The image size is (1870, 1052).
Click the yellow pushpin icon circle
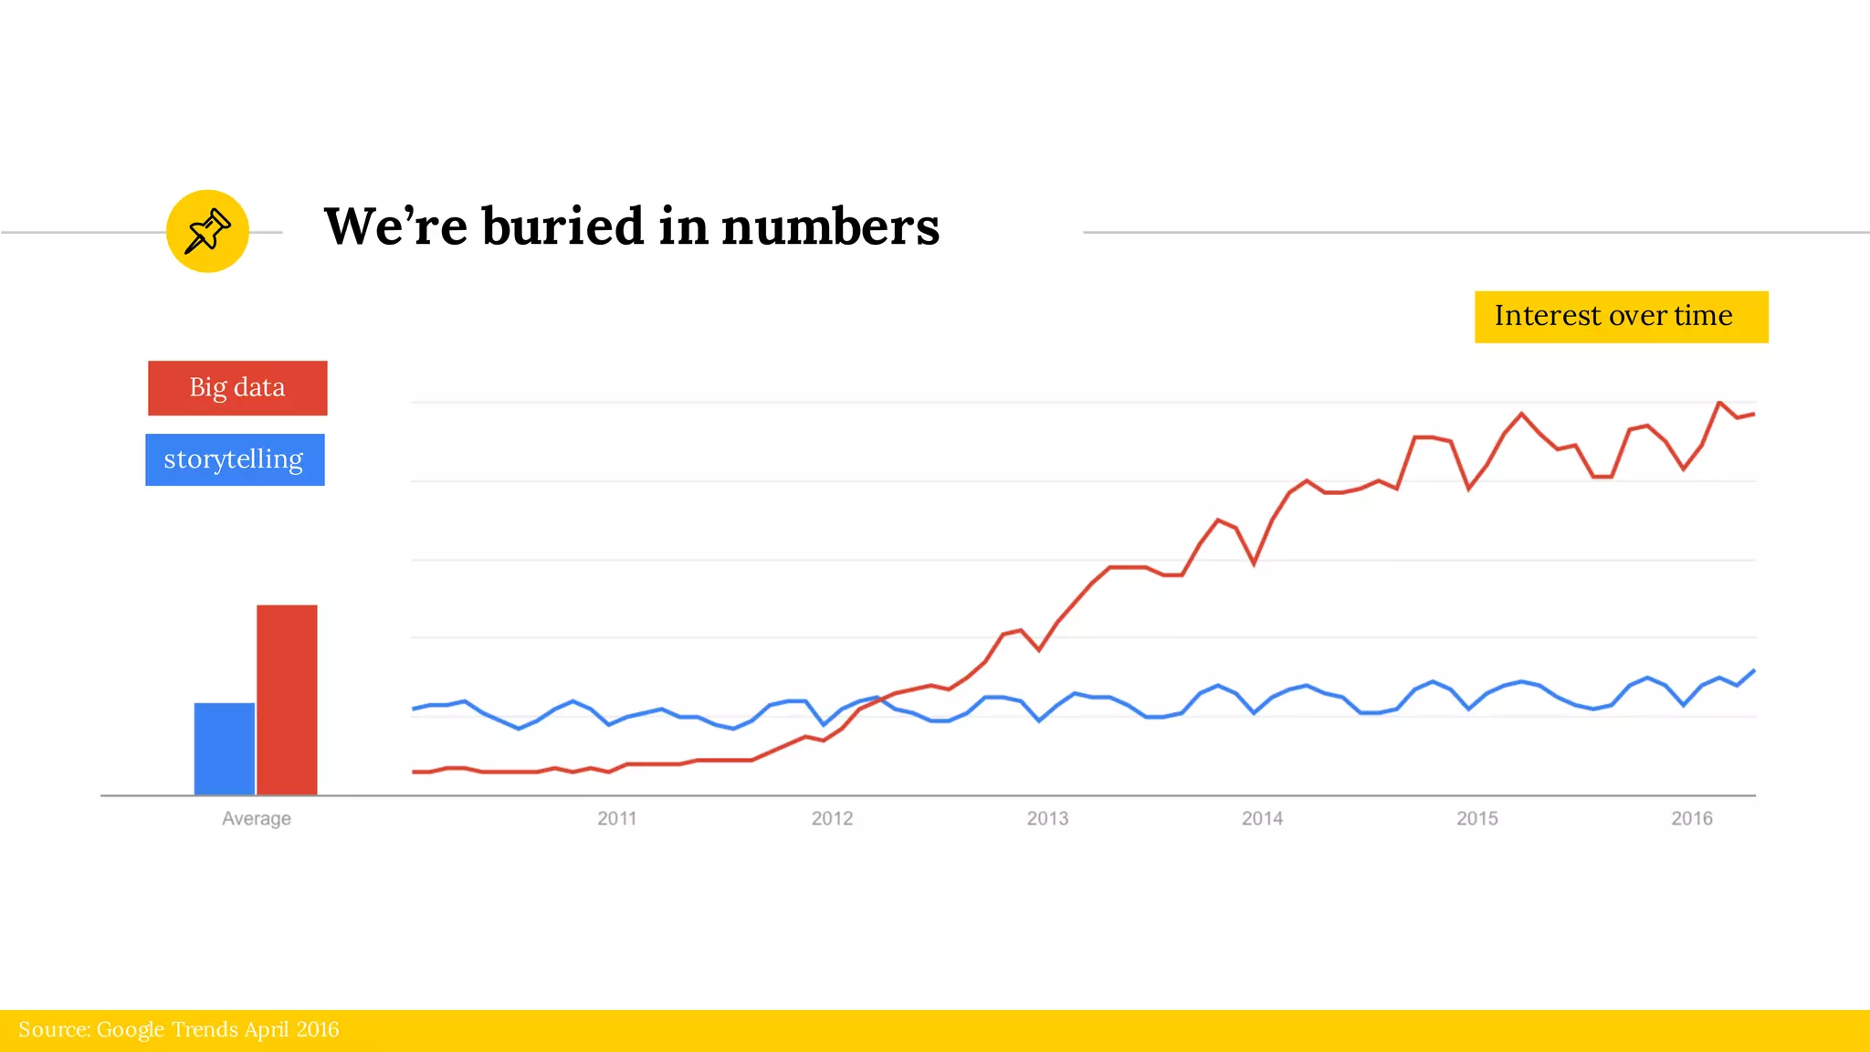[x=207, y=231]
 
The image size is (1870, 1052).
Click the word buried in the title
[x=562, y=226]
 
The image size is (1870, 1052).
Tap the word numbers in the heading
[x=830, y=227]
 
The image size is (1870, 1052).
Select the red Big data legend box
[x=237, y=388]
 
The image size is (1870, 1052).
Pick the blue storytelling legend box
[x=235, y=459]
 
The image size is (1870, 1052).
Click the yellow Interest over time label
[x=1621, y=317]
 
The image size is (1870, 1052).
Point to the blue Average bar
[x=225, y=749]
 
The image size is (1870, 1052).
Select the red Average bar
[x=287, y=700]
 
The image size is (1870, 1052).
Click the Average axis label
[x=257, y=818]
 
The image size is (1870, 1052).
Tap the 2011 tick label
[x=617, y=818]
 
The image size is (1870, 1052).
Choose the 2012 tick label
[x=832, y=818]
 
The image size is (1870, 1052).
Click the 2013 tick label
[x=1047, y=818]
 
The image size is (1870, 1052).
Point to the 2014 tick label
[x=1262, y=818]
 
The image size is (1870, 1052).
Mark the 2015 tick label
[x=1476, y=818]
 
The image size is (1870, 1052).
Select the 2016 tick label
[x=1692, y=818]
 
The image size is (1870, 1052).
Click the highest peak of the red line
[x=1719, y=403]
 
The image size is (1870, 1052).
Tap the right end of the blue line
[x=1753, y=671]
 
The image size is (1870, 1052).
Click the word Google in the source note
[x=131, y=1030]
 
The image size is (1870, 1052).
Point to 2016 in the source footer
[x=317, y=1030]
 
